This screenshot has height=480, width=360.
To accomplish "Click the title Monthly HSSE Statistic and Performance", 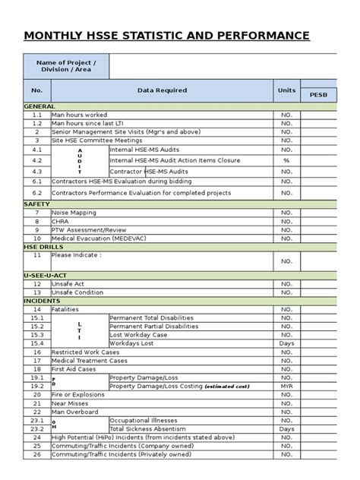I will tap(166, 36).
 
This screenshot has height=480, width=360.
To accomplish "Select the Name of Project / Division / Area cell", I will tap(67, 67).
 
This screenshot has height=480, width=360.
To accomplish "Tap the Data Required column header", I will tap(162, 90).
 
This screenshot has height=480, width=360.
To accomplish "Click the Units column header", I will tap(286, 90).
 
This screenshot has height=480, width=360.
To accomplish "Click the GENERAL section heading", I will tap(40, 106).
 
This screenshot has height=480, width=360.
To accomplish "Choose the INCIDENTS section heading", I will tap(43, 301).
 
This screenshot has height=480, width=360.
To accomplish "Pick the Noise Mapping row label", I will tap(74, 213).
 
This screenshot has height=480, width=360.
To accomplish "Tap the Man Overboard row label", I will tap(74, 411).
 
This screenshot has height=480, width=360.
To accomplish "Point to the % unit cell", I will tap(286, 160).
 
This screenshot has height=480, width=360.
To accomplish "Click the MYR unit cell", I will tap(286, 386).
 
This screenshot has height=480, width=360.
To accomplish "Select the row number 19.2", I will tap(36, 386).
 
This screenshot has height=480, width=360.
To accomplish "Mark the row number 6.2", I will tap(36, 193).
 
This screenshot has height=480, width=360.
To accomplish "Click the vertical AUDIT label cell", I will tap(79, 161).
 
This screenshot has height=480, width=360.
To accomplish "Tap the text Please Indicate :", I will tap(76, 255).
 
